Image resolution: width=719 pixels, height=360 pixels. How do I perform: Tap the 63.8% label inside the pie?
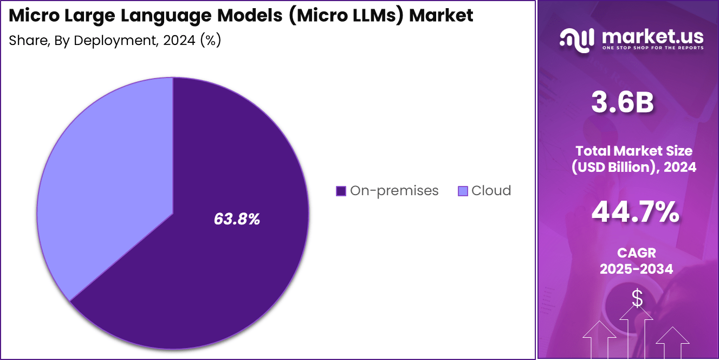[x=237, y=219]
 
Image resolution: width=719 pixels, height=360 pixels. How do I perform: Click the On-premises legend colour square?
[x=341, y=191]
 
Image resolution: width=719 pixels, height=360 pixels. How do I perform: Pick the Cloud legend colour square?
[x=462, y=191]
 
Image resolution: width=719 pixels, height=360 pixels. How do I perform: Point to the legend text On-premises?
[x=394, y=191]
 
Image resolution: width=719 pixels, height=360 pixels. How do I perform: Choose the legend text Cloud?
[x=491, y=191]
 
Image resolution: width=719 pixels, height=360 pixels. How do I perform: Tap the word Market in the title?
[x=441, y=15]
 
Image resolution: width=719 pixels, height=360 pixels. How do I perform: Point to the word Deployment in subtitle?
[x=112, y=41]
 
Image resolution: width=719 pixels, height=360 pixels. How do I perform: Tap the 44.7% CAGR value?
[x=635, y=212]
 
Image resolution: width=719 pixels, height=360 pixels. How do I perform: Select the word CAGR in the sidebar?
[x=636, y=253]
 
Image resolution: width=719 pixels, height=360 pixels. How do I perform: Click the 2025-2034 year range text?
[x=636, y=269]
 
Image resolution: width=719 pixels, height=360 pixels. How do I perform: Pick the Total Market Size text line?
[x=634, y=151]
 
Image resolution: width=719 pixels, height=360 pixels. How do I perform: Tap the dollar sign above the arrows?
[x=637, y=298]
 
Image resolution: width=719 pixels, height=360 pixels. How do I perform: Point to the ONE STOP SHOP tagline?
[x=652, y=48]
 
